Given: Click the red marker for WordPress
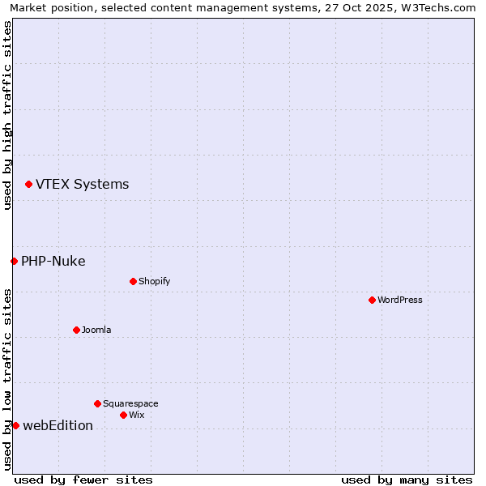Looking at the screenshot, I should tap(372, 300).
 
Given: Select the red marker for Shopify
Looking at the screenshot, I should tap(133, 281).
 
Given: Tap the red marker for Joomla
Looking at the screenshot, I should tap(76, 330).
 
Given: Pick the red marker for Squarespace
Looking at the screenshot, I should tap(97, 403).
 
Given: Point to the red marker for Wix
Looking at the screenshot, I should tap(123, 415).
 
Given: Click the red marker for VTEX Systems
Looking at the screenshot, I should tap(28, 185).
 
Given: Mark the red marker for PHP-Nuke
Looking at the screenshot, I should tap(14, 261).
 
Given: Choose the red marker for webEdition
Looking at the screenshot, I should tap(15, 425).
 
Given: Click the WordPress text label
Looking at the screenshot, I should tap(400, 300).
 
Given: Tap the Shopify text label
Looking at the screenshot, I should tap(154, 281).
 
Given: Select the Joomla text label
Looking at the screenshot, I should tap(96, 330).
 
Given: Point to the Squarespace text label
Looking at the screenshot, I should tap(130, 403).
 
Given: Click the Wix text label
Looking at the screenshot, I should tap(136, 415).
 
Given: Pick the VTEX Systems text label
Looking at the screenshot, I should tap(82, 184).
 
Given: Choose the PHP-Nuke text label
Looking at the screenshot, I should tap(53, 261).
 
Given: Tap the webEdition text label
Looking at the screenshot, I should tap(58, 425).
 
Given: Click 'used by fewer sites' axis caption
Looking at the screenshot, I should tap(83, 480).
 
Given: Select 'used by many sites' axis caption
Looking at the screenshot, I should tap(407, 480).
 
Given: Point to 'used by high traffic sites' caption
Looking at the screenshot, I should tap(7, 115).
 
